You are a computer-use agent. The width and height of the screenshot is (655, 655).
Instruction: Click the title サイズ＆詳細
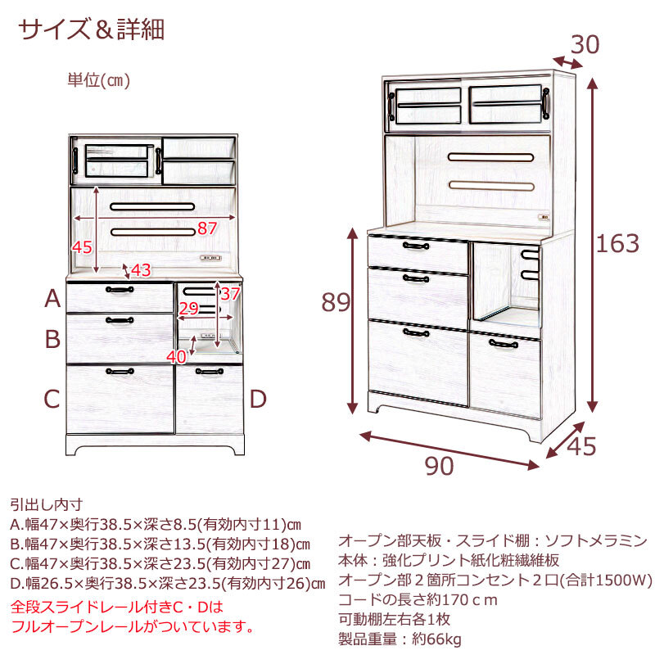click(92, 29)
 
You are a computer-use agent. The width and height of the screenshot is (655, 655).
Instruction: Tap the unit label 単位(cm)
click(99, 80)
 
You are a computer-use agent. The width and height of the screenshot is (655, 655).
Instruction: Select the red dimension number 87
click(207, 228)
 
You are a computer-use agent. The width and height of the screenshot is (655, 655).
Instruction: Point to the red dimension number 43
click(141, 269)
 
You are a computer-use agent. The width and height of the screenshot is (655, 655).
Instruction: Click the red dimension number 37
click(231, 293)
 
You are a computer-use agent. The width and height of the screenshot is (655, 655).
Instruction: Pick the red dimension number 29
click(188, 309)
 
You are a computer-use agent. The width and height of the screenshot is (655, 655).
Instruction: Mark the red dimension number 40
click(176, 356)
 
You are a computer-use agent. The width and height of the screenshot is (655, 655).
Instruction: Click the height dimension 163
click(618, 243)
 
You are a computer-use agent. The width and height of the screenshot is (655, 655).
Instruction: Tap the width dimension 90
click(440, 465)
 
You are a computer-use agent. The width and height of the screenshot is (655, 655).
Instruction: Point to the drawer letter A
click(52, 299)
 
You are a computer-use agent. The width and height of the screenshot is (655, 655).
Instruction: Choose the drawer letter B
click(52, 338)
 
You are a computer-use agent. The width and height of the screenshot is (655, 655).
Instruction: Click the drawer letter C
click(52, 400)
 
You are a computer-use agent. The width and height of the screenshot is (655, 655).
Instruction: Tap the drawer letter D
click(258, 400)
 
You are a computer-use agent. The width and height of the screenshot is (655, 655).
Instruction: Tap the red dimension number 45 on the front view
click(82, 247)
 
